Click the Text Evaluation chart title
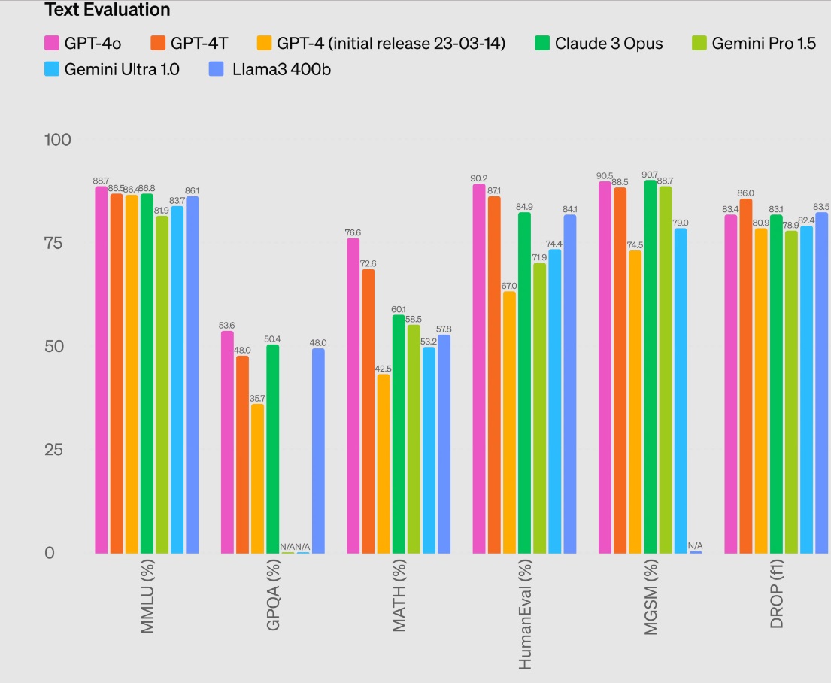click(108, 10)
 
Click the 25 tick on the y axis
click(61, 450)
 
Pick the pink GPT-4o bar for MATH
click(353, 395)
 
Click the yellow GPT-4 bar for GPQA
click(257, 478)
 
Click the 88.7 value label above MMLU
click(102, 181)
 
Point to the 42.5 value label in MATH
click(384, 369)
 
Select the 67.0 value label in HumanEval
click(510, 286)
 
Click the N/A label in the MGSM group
click(696, 545)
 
